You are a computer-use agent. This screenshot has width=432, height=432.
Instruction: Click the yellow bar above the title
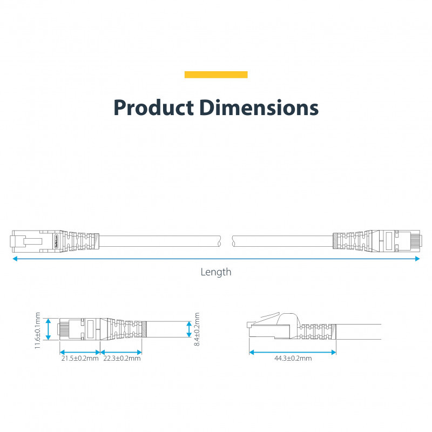tap(216, 75)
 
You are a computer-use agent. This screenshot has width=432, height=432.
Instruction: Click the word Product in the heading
tap(153, 107)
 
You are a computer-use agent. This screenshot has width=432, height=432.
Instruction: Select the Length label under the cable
tap(216, 272)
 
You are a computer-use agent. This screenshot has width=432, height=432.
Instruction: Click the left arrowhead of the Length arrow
tap(15, 259)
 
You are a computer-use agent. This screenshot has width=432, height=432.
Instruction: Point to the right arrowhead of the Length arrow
tap(417, 259)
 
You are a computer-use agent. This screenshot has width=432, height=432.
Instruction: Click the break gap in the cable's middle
tap(226, 240)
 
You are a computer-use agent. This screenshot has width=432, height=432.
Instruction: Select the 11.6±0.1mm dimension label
tap(38, 329)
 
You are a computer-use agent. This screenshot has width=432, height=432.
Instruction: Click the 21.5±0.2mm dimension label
tap(79, 358)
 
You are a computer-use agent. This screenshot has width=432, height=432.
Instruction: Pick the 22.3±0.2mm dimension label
tap(122, 358)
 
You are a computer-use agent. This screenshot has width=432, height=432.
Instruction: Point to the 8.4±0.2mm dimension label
tap(198, 329)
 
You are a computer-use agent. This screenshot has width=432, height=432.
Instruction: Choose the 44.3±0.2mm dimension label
tap(292, 358)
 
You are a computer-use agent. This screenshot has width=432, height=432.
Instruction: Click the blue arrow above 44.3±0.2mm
tap(292, 352)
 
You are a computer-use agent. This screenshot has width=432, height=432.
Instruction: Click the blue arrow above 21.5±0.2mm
tap(79, 352)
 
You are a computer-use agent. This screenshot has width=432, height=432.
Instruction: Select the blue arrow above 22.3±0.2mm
tap(122, 352)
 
